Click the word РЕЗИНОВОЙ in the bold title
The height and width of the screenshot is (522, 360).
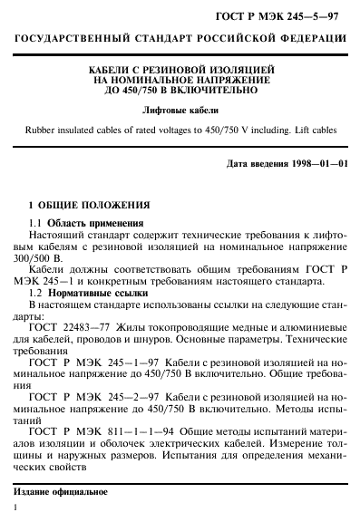click(x=178, y=69)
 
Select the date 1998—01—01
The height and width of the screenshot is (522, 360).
click(x=309, y=165)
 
